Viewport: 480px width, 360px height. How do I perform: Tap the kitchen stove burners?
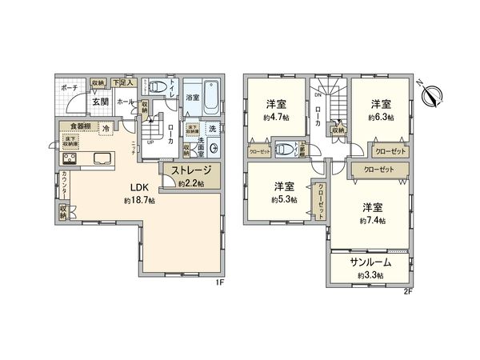click(66, 158)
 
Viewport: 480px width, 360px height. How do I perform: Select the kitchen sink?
click(105, 157)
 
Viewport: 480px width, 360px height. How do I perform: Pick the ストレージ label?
click(189, 170)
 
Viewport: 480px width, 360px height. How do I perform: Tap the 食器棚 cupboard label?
click(79, 125)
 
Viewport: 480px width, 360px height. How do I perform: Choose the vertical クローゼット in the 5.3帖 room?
click(321, 198)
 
